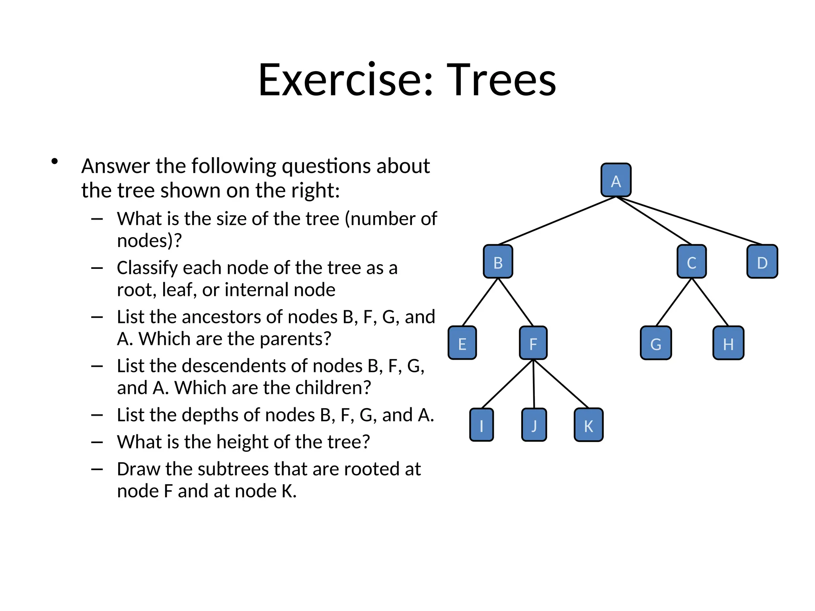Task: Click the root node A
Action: click(616, 180)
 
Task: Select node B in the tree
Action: click(498, 262)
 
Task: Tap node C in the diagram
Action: click(692, 262)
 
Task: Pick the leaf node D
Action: click(762, 262)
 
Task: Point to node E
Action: click(462, 343)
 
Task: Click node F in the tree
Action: click(533, 343)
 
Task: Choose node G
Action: click(656, 343)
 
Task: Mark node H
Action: click(728, 343)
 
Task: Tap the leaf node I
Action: click(482, 425)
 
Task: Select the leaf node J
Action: click(534, 425)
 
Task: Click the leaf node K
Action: click(589, 425)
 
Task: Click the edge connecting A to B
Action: click(557, 220)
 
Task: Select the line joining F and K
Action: click(561, 384)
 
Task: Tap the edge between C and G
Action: click(674, 302)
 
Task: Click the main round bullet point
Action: click(55, 162)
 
